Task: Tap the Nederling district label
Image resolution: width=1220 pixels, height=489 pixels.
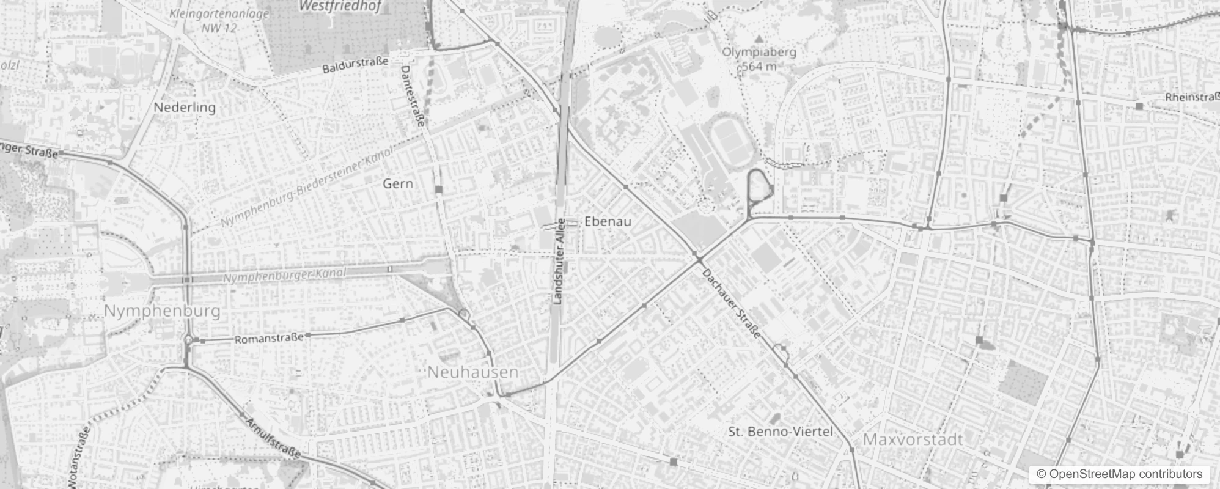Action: point(185,108)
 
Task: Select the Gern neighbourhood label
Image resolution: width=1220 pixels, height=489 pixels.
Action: point(398,183)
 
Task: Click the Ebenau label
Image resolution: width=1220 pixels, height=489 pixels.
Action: point(608,221)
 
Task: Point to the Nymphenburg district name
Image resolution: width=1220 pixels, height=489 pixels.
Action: point(162,311)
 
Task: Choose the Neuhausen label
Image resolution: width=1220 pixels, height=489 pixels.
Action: point(473,372)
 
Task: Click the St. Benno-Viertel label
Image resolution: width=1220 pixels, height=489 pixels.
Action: point(781,432)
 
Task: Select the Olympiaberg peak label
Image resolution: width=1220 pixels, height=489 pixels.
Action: point(759,52)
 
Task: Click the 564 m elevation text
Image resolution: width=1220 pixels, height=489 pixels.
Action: point(759,66)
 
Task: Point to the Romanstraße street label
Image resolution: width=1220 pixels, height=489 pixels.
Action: point(269,338)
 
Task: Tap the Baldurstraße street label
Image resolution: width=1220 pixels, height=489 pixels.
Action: point(355,65)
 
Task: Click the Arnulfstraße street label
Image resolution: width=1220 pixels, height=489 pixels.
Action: point(273,438)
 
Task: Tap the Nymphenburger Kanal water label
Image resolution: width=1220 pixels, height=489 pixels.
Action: point(284,276)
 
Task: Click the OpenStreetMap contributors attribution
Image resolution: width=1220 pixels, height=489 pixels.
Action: point(1119,474)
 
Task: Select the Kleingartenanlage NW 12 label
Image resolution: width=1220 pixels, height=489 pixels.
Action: point(219,20)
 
